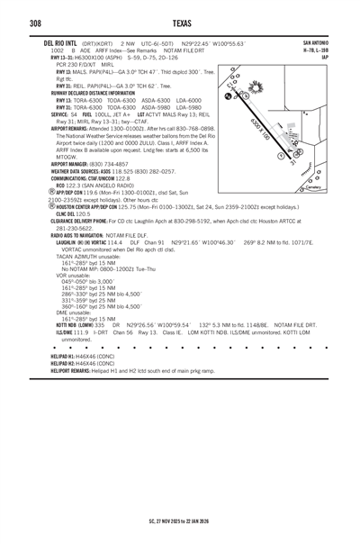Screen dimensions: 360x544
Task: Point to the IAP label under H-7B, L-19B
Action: click(x=324, y=57)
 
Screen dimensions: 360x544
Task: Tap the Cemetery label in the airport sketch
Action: click(x=315, y=187)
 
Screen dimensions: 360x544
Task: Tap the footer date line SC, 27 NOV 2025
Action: click(x=180, y=519)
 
